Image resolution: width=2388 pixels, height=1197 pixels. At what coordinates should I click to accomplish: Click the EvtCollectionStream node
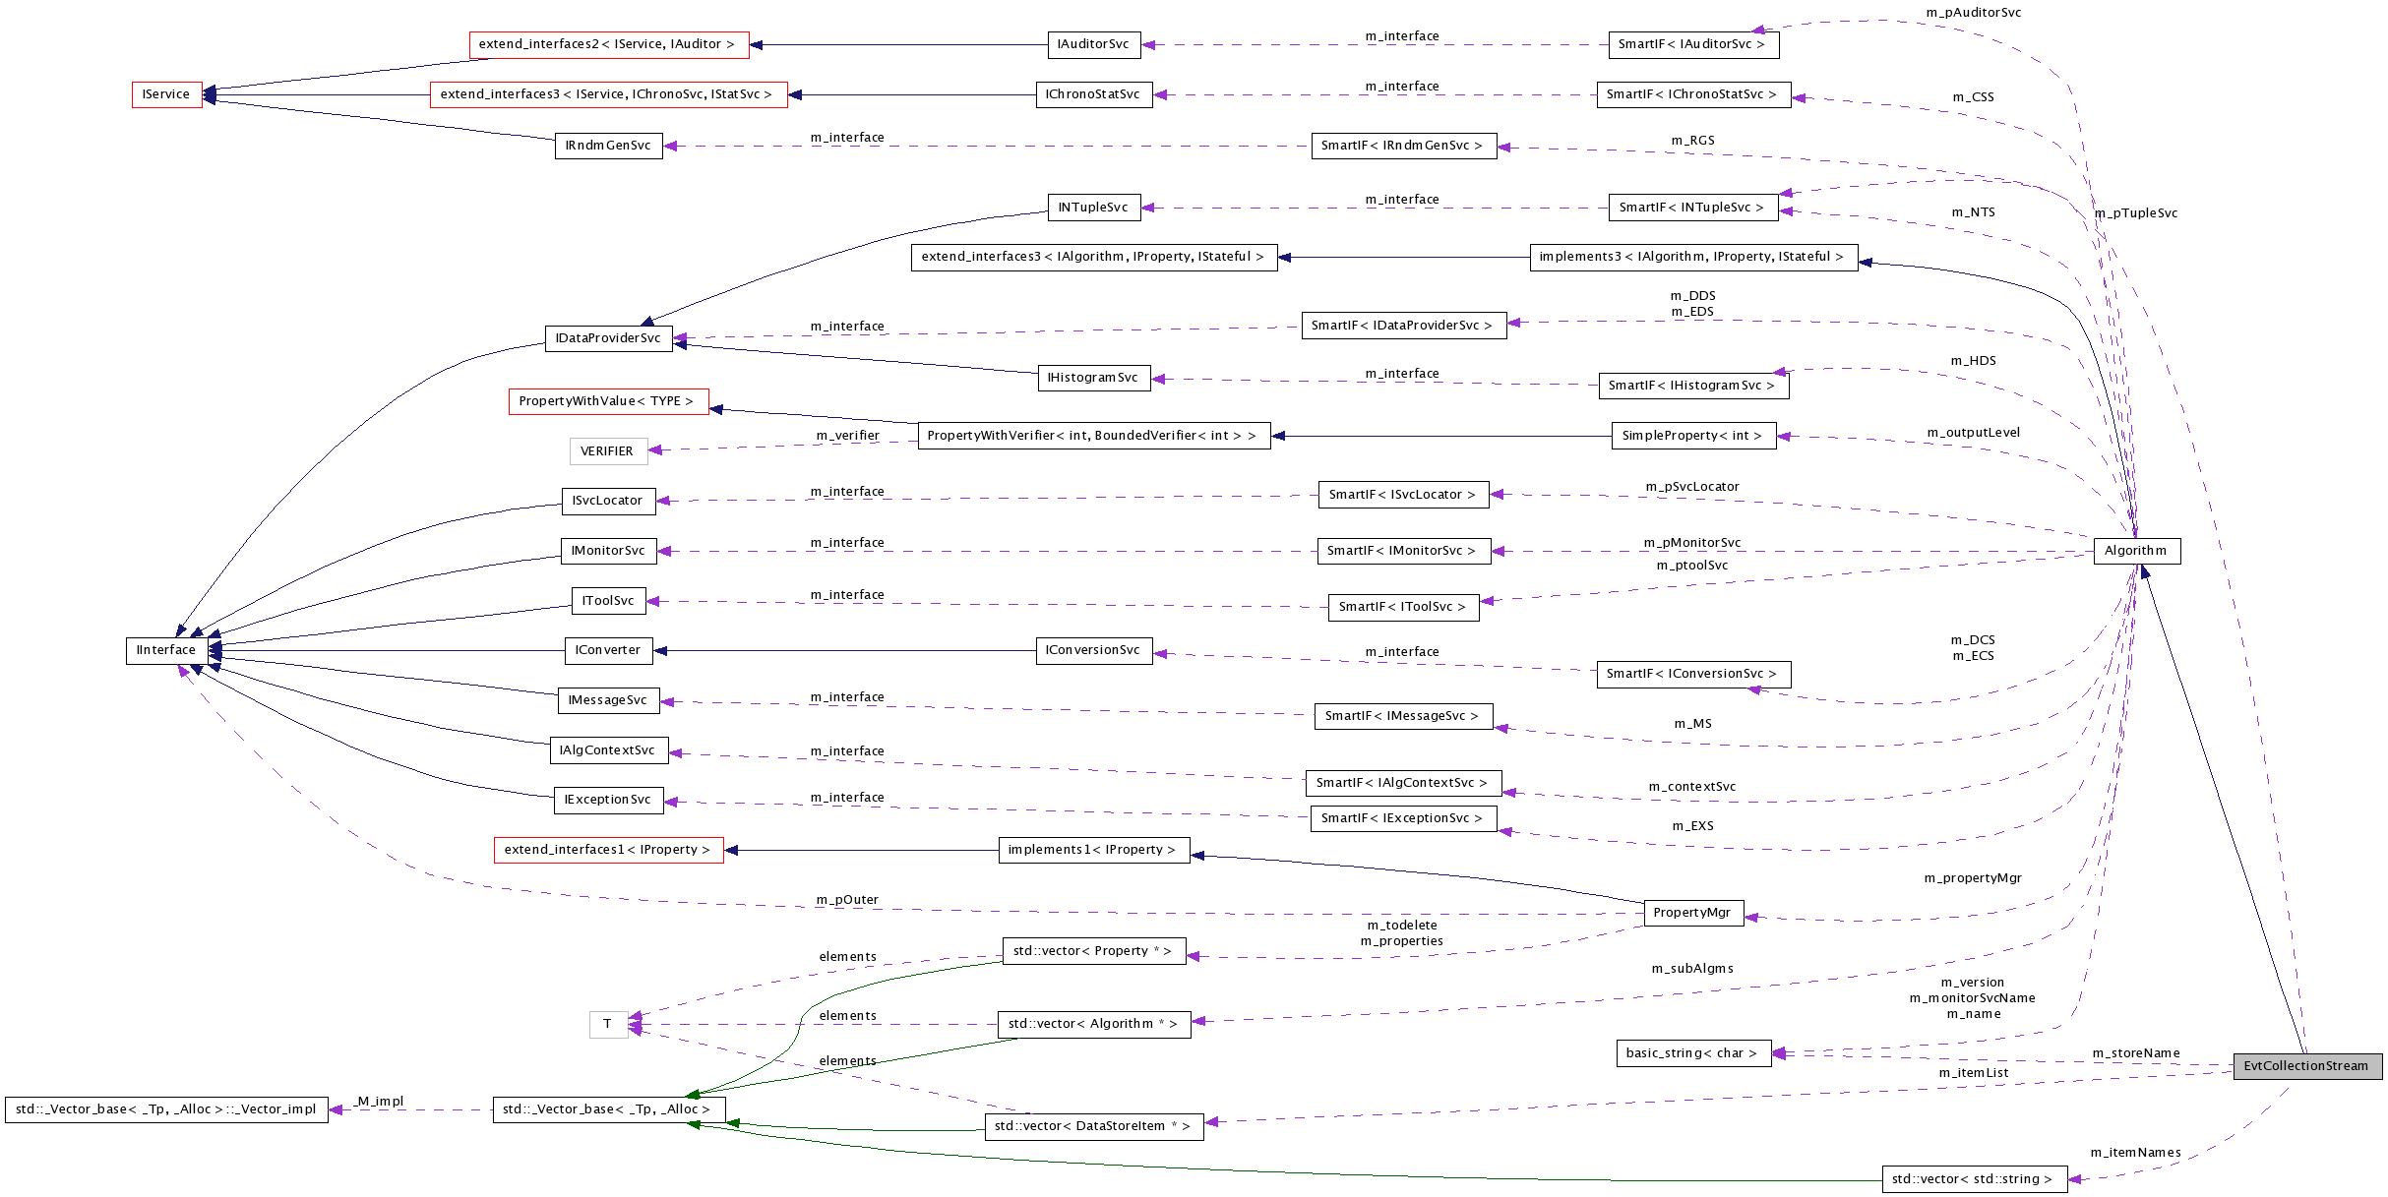coord(2306,1066)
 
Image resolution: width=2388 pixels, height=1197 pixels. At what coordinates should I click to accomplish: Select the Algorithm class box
coord(2136,551)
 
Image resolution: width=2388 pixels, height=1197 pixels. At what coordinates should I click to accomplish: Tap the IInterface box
coord(166,650)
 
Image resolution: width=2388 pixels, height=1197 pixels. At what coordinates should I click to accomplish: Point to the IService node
coord(166,94)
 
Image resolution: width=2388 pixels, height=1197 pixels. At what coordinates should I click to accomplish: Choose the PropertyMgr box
coord(1692,913)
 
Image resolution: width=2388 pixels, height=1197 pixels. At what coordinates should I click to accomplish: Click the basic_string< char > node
coord(1692,1053)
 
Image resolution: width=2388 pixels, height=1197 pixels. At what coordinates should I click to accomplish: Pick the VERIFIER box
coord(607,451)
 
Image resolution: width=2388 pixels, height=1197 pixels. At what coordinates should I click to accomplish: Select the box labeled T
coord(608,1024)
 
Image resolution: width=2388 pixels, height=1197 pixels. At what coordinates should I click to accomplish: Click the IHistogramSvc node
coord(1093,378)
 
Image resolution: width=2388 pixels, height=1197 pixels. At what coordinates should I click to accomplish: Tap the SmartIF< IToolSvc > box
coord(1402,607)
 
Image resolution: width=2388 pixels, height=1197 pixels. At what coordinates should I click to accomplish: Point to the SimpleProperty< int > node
coord(1692,436)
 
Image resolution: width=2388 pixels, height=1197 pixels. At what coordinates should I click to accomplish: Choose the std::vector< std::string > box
coord(1973,1179)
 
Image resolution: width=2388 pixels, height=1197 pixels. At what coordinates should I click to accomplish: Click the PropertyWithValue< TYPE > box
coord(607,401)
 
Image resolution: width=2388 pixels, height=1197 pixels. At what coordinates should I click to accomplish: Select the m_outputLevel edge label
coord(1974,433)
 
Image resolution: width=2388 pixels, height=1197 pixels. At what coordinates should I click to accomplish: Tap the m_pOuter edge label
coord(847,900)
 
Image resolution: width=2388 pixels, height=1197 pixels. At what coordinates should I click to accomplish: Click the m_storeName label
coord(2136,1053)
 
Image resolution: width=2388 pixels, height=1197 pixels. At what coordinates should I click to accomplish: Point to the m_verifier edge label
coord(847,436)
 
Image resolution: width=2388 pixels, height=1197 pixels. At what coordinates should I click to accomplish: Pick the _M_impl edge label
coord(381,1102)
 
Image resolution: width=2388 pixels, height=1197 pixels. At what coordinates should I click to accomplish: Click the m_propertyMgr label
coord(1973,878)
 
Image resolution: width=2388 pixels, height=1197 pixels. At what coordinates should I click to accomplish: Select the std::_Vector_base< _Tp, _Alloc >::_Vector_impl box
coord(166,1109)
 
